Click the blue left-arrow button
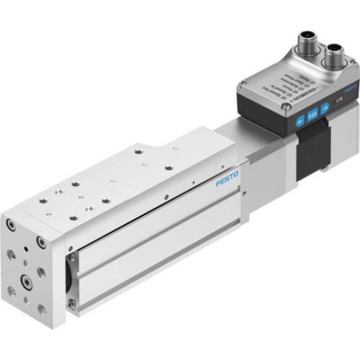pos(300,121)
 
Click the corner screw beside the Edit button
pos(289,107)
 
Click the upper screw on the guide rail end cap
pos(71,255)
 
